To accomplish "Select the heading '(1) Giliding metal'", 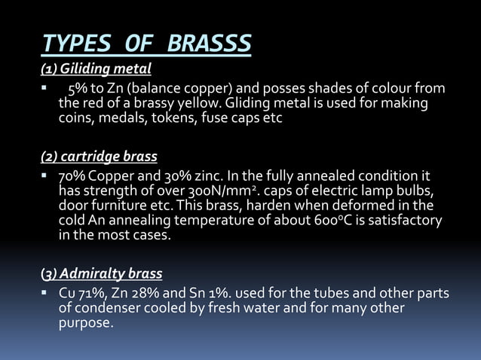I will [96, 70].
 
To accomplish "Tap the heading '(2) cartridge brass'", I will [99, 157].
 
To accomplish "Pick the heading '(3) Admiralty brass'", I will [101, 273].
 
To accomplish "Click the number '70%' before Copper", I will [72, 177].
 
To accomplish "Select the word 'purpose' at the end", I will [85, 324].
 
